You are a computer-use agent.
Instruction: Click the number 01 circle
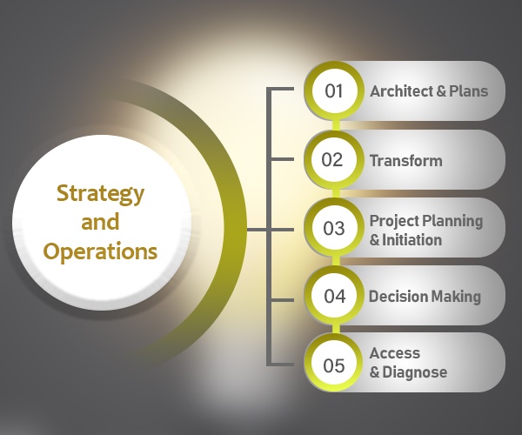(x=334, y=90)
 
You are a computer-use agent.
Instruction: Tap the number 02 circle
(x=333, y=159)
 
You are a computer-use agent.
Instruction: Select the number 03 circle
(x=334, y=228)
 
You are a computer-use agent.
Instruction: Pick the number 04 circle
(x=334, y=296)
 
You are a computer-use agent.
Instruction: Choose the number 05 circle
(x=334, y=365)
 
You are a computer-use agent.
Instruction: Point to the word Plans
(x=469, y=91)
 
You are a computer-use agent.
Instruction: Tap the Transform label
(x=406, y=161)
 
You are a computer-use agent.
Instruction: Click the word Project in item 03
(x=394, y=222)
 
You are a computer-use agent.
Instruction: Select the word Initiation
(x=412, y=240)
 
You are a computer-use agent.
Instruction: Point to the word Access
(x=395, y=353)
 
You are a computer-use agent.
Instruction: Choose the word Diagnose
(x=415, y=372)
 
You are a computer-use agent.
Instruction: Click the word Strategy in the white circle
(x=100, y=194)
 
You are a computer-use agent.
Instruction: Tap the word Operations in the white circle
(x=100, y=252)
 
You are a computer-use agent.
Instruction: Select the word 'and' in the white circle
(x=100, y=222)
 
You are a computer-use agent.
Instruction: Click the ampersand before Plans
(x=441, y=91)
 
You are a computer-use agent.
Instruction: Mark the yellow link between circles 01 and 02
(x=336, y=124)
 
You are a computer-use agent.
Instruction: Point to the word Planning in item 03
(x=452, y=222)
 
